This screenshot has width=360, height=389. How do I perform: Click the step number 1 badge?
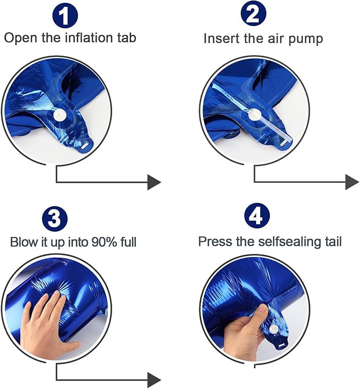click(x=65, y=15)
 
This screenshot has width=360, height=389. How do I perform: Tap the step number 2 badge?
click(x=253, y=14)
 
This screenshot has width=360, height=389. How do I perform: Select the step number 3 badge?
click(x=55, y=219)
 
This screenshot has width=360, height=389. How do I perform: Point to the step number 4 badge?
click(x=257, y=216)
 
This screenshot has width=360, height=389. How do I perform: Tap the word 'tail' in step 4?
click(x=333, y=241)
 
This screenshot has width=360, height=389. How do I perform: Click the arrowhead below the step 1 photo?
click(x=154, y=182)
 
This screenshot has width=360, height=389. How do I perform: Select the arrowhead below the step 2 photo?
click(x=352, y=182)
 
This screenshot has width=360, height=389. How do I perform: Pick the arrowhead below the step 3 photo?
click(x=154, y=380)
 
